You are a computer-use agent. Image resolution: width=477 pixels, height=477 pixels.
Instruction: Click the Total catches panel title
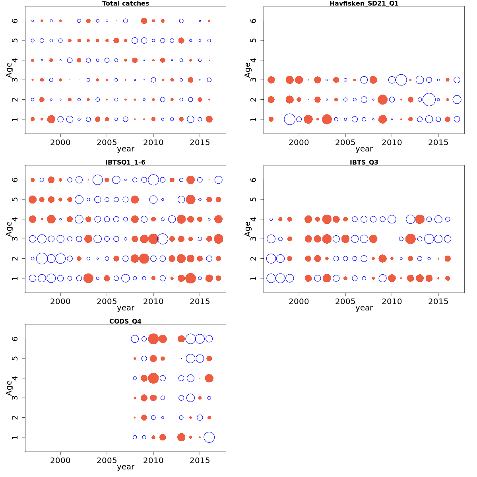[126, 4]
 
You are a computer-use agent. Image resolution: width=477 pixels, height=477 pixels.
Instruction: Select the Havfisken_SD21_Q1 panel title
[364, 4]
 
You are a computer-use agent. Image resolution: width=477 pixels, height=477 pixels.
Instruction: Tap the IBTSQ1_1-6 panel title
[126, 162]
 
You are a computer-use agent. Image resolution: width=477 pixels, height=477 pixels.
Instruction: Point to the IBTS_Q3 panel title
[364, 162]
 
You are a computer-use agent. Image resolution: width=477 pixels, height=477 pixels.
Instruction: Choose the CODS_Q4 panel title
[126, 321]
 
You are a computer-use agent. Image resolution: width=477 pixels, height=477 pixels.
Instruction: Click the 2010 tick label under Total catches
[153, 142]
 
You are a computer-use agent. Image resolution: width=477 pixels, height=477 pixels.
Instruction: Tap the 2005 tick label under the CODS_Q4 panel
[107, 460]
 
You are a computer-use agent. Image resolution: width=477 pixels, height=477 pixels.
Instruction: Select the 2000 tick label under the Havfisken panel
[299, 142]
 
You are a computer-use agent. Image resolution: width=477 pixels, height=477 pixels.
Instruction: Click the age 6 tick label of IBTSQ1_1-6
[15, 180]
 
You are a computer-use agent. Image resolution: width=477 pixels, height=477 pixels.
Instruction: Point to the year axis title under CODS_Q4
[126, 467]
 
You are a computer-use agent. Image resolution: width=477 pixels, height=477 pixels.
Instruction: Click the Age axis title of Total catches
[9, 70]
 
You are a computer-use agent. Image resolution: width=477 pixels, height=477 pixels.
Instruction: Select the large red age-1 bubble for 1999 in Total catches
[51, 119]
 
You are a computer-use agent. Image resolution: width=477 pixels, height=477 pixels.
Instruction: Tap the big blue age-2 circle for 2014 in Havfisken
[429, 99]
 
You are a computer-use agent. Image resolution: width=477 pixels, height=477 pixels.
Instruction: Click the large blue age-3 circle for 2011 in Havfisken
[401, 80]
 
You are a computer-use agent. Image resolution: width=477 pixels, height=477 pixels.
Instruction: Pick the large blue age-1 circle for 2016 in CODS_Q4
[209, 437]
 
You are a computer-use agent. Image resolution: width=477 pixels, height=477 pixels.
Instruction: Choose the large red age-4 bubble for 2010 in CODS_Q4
[153, 378]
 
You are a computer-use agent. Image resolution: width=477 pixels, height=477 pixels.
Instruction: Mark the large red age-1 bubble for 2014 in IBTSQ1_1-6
[190, 278]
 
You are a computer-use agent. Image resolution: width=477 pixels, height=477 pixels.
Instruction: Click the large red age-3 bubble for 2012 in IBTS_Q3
[411, 239]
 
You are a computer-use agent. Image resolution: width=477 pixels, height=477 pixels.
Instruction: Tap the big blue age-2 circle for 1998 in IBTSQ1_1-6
[42, 259]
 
